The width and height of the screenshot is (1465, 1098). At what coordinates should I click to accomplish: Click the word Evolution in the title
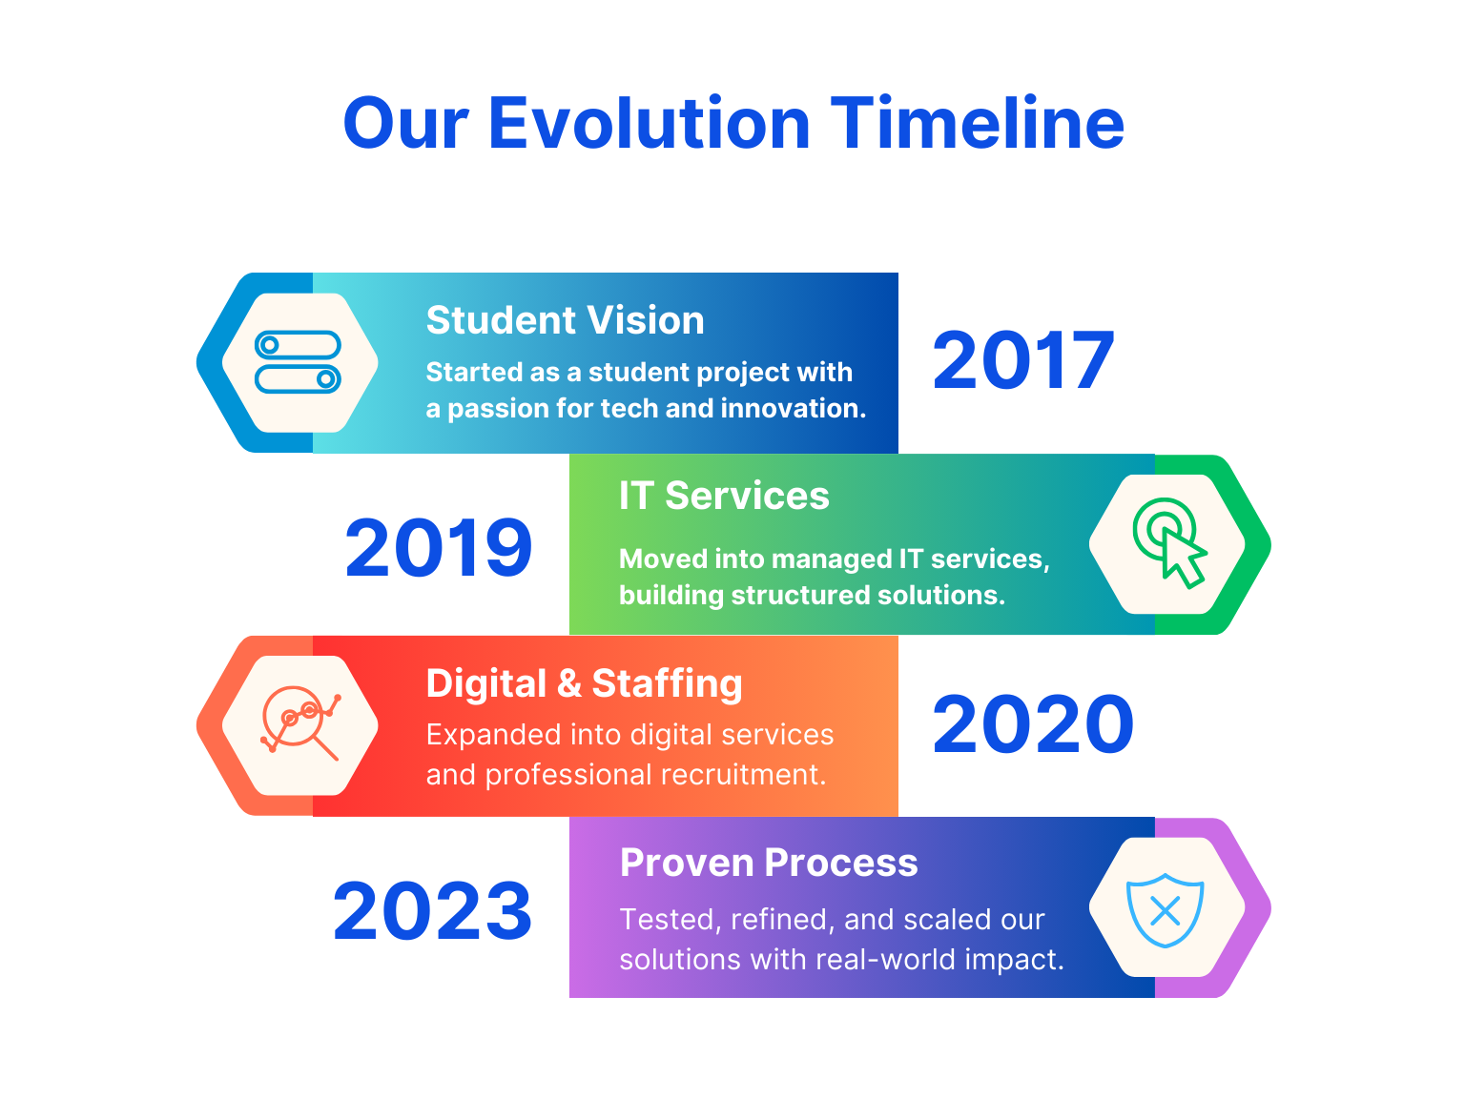[x=648, y=123]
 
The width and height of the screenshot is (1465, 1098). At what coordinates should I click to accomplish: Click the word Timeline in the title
[x=977, y=123]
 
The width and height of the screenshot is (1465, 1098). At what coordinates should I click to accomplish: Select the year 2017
[x=1022, y=360]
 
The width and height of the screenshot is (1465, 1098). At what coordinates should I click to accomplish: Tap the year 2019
[x=438, y=547]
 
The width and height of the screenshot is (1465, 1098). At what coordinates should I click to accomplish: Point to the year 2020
[x=1032, y=723]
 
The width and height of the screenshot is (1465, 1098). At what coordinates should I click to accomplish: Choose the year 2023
[x=432, y=910]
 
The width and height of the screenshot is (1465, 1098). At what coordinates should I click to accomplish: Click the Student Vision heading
[x=565, y=320]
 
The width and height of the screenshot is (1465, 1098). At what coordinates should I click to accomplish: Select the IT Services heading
[x=724, y=496]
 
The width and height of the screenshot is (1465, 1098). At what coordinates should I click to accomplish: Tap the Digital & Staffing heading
[x=584, y=683]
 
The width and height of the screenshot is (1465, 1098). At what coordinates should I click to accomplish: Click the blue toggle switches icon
[x=298, y=361]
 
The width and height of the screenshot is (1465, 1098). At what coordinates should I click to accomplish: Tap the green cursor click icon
[x=1169, y=542]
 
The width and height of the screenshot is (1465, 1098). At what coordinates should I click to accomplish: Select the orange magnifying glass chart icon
[x=300, y=722]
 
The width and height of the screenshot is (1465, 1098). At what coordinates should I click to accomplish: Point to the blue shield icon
[x=1164, y=910]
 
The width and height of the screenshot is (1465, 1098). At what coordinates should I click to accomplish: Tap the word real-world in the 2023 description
[x=886, y=960]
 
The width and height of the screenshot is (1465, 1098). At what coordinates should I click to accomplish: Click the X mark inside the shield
[x=1165, y=911]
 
